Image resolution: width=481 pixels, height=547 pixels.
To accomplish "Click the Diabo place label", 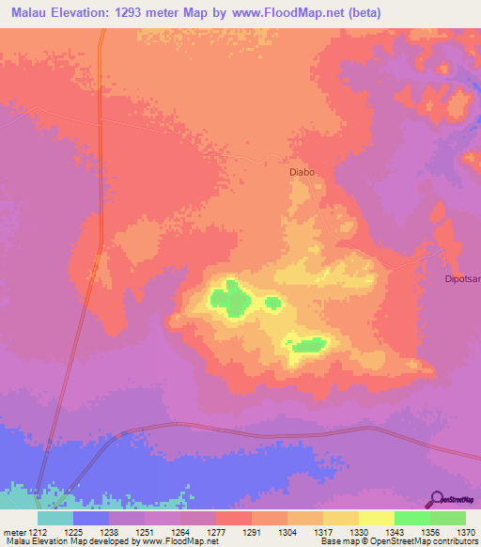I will pyautogui.click(x=301, y=173).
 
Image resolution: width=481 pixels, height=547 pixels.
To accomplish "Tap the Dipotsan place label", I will pyautogui.click(x=462, y=279).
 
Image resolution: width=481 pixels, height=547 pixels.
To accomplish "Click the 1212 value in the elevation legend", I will pyautogui.click(x=37, y=531).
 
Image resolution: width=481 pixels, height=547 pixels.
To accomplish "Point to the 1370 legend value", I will pyautogui.click(x=465, y=531).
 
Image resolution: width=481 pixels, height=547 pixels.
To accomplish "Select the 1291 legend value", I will pyautogui.click(x=251, y=531).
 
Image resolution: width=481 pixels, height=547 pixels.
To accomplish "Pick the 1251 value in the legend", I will pyautogui.click(x=144, y=531).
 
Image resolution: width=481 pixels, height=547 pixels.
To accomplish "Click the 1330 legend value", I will pyautogui.click(x=358, y=531).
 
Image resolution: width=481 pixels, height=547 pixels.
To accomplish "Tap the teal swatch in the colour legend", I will pyautogui.click(x=55, y=518).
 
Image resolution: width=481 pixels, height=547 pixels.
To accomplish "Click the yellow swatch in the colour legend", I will pyautogui.click(x=376, y=518).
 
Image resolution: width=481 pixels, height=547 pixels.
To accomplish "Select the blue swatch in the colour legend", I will pyautogui.click(x=91, y=518).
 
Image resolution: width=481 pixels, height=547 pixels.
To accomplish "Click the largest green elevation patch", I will pyautogui.click(x=230, y=298).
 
